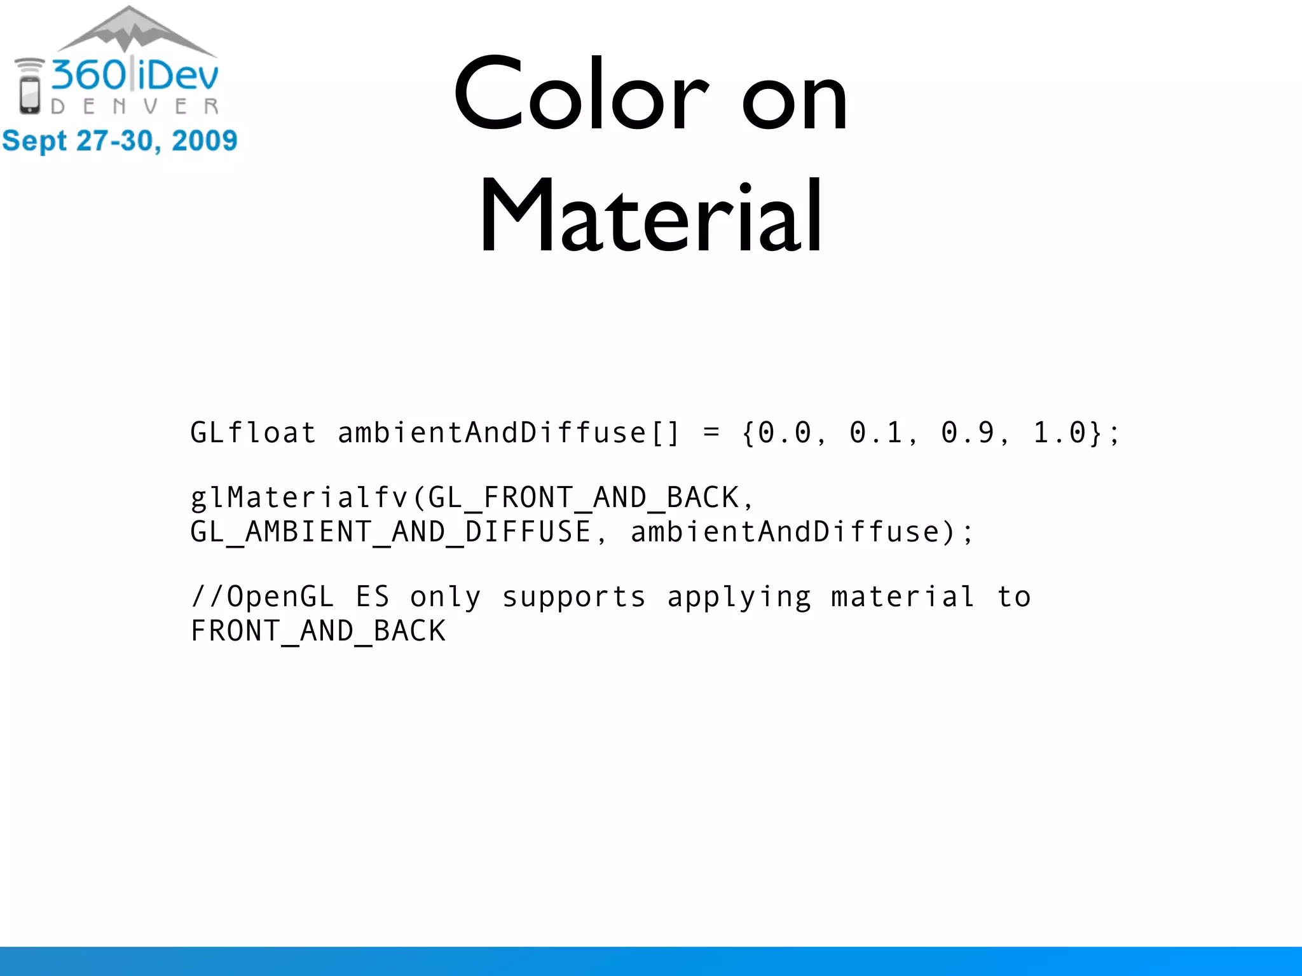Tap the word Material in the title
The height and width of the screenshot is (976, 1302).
coord(650,216)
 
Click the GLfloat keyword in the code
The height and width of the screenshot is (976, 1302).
coord(253,433)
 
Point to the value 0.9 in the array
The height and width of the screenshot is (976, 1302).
coord(968,433)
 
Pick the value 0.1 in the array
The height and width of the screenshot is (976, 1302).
coord(876,433)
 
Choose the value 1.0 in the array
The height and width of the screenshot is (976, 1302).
coord(1059,433)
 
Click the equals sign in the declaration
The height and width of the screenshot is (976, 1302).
coord(711,433)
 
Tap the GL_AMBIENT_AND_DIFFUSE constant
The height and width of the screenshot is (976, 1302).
coord(391,532)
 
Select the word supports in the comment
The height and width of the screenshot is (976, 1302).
coord(574,597)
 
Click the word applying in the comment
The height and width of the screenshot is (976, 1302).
coord(739,597)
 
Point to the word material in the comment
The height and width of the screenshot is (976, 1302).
coord(903,597)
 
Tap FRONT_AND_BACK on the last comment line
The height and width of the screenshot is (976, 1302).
coord(318,631)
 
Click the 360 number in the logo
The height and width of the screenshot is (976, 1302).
coord(89,75)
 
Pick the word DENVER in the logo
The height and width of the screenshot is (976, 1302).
coord(135,106)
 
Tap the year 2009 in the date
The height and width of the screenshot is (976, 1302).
coord(205,140)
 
